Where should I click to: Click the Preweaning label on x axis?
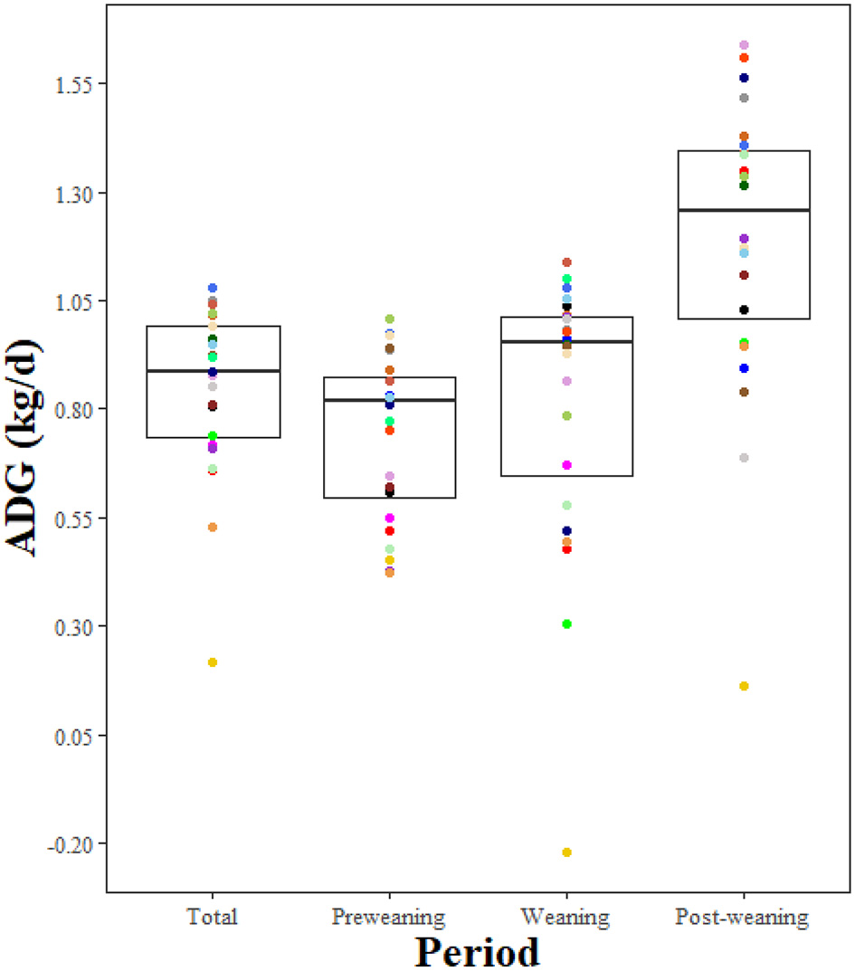coord(388,917)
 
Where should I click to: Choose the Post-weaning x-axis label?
coord(742,917)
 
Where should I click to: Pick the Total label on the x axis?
coord(213,917)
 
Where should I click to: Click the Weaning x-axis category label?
coord(566,917)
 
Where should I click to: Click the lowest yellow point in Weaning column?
coord(567,852)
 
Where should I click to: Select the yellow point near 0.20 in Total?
coord(213,662)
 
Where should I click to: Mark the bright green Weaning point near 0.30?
coord(567,624)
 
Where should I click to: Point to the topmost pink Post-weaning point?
coord(744,45)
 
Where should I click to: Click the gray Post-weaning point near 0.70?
coord(744,458)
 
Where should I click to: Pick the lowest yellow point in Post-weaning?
coord(744,686)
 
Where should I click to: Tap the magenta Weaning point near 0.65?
coord(567,465)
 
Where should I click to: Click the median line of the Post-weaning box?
coord(744,210)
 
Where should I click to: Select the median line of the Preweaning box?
coord(390,400)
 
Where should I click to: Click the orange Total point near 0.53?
coord(213,527)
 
